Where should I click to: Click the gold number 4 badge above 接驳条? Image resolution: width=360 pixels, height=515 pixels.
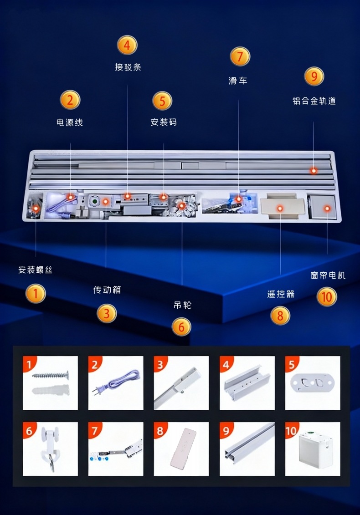pyautogui.click(x=127, y=45)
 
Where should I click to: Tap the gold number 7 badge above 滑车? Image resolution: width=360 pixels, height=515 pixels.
pyautogui.click(x=240, y=57)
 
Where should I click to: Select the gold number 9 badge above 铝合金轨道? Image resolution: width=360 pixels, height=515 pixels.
pyautogui.click(x=314, y=76)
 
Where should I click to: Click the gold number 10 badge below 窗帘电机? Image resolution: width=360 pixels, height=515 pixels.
pyautogui.click(x=326, y=297)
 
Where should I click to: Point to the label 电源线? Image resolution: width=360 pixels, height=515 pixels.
pyautogui.click(x=70, y=122)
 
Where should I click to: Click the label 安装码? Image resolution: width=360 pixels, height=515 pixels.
pyautogui.click(x=163, y=122)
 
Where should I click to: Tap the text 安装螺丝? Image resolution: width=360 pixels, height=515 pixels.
pyautogui.click(x=36, y=270)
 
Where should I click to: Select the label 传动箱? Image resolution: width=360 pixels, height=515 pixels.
pyautogui.click(x=107, y=290)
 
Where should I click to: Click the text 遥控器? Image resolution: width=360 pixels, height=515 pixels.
pyautogui.click(x=281, y=294)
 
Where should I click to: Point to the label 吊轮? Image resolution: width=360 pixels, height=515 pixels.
pyautogui.click(x=182, y=305)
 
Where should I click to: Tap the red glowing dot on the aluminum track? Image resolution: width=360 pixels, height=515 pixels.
pyautogui.click(x=314, y=170)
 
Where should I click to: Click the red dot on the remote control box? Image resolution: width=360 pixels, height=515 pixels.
pyautogui.click(x=280, y=208)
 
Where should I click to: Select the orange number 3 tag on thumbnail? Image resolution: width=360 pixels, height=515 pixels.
pyautogui.click(x=160, y=364)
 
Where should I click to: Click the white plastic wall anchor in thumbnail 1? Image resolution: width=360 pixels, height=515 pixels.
pyautogui.click(x=50, y=390)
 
